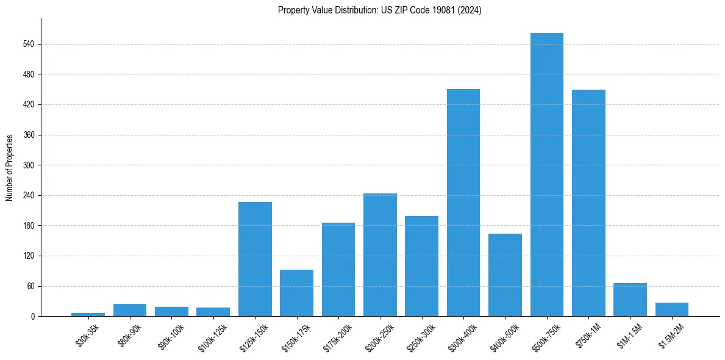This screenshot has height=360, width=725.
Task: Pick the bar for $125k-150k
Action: point(255,259)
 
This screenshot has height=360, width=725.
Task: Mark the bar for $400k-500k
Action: point(505,275)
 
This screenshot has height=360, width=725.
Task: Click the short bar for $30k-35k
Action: point(88,314)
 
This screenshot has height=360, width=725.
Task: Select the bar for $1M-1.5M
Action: point(630,300)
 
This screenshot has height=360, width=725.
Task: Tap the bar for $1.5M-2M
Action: point(671,309)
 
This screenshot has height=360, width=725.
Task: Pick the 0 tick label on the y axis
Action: point(34,316)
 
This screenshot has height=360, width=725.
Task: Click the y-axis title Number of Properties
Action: point(9,167)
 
